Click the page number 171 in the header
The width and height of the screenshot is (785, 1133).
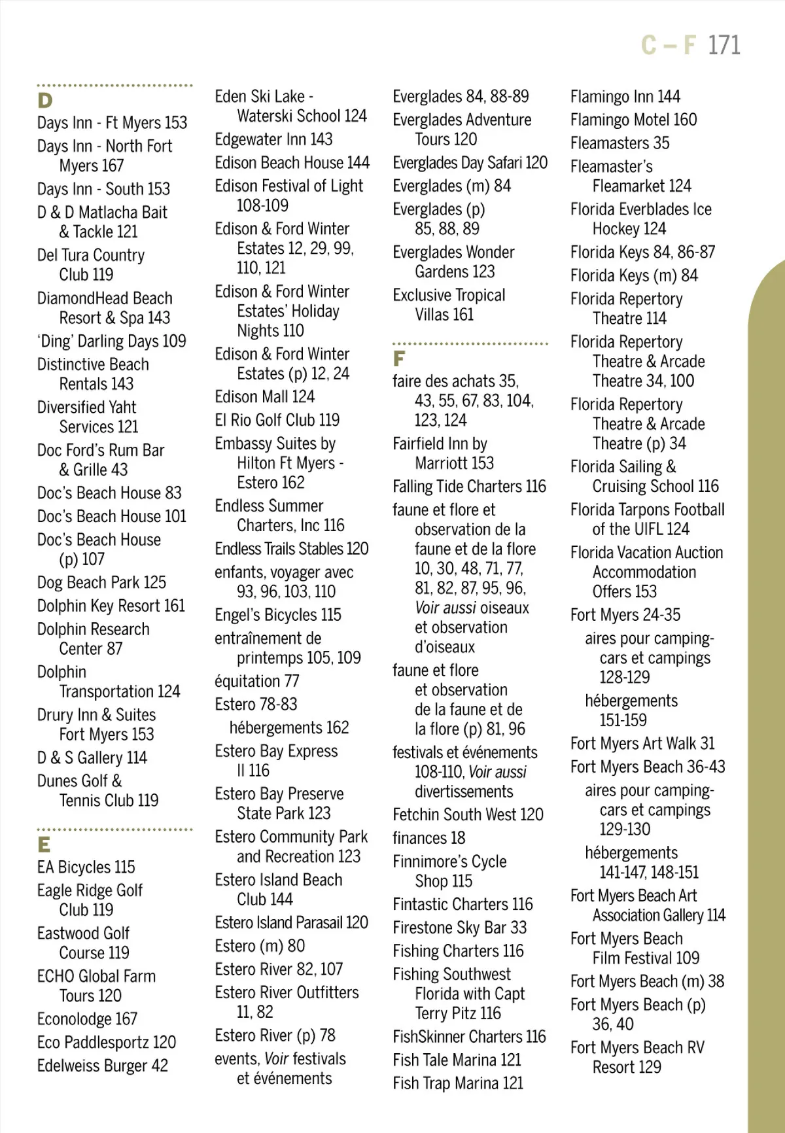pos(724,45)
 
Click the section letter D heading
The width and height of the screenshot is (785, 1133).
pos(44,101)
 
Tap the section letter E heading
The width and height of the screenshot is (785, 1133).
pos(44,845)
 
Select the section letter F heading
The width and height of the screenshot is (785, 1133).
pos(398,358)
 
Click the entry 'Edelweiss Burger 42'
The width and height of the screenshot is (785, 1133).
pos(103,1066)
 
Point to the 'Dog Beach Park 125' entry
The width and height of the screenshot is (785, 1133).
pos(101,582)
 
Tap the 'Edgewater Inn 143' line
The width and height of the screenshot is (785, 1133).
pos(273,139)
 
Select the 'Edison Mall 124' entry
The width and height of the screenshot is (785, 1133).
pos(265,397)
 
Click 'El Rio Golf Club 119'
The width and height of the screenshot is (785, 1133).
pos(277,420)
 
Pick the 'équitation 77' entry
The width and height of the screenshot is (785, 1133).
pos(257,681)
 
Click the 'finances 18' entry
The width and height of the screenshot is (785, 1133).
pos(429,838)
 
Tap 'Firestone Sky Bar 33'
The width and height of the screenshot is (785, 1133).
pos(459,928)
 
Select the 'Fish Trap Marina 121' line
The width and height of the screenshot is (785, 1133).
pos(458,1083)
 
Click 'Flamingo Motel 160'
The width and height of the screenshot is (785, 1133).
pos(633,120)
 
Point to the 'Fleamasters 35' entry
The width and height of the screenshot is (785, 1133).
pos(619,143)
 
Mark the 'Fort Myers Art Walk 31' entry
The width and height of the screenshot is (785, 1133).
pos(642,743)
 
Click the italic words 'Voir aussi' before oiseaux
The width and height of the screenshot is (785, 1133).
pos(445,608)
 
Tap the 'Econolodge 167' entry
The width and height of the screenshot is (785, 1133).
pos(87,1019)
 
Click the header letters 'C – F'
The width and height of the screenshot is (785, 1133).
pos(668,45)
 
